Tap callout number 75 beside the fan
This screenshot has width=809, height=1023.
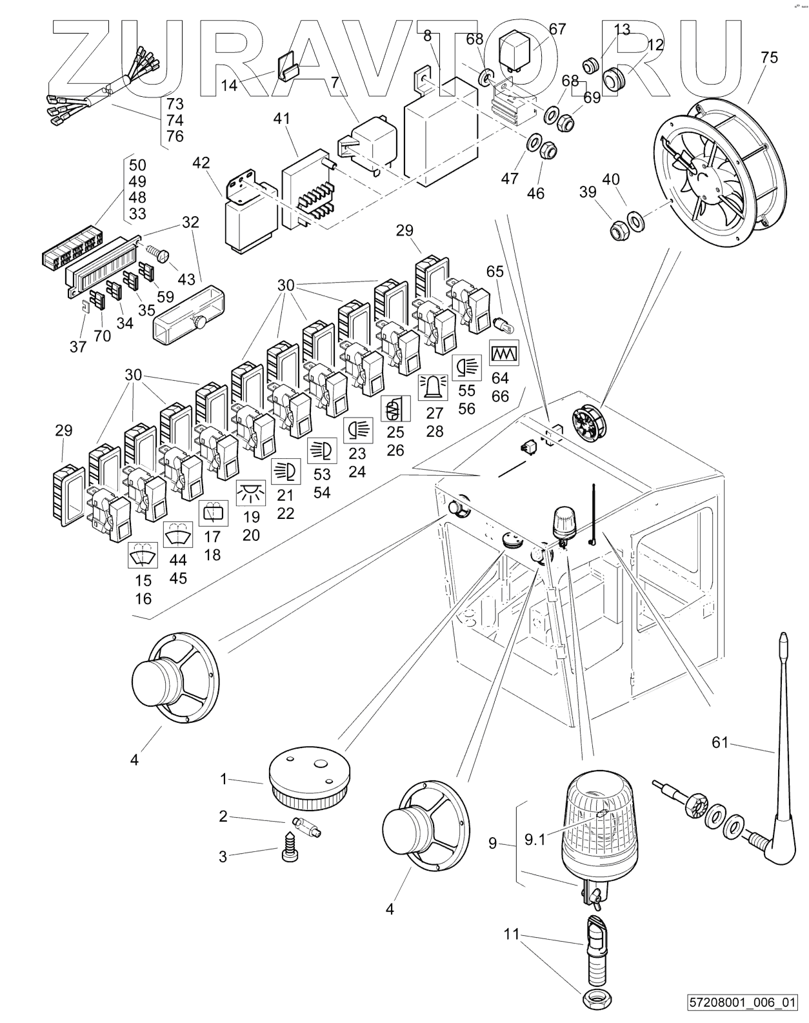click(x=769, y=57)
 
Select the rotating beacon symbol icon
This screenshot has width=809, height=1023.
click(x=432, y=387)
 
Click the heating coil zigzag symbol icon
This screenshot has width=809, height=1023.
click(x=504, y=353)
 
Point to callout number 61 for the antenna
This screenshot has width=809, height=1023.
click(x=719, y=742)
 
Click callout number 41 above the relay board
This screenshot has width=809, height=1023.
click(x=281, y=118)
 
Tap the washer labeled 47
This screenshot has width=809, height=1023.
click(x=534, y=141)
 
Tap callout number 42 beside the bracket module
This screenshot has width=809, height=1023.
click(x=201, y=163)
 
